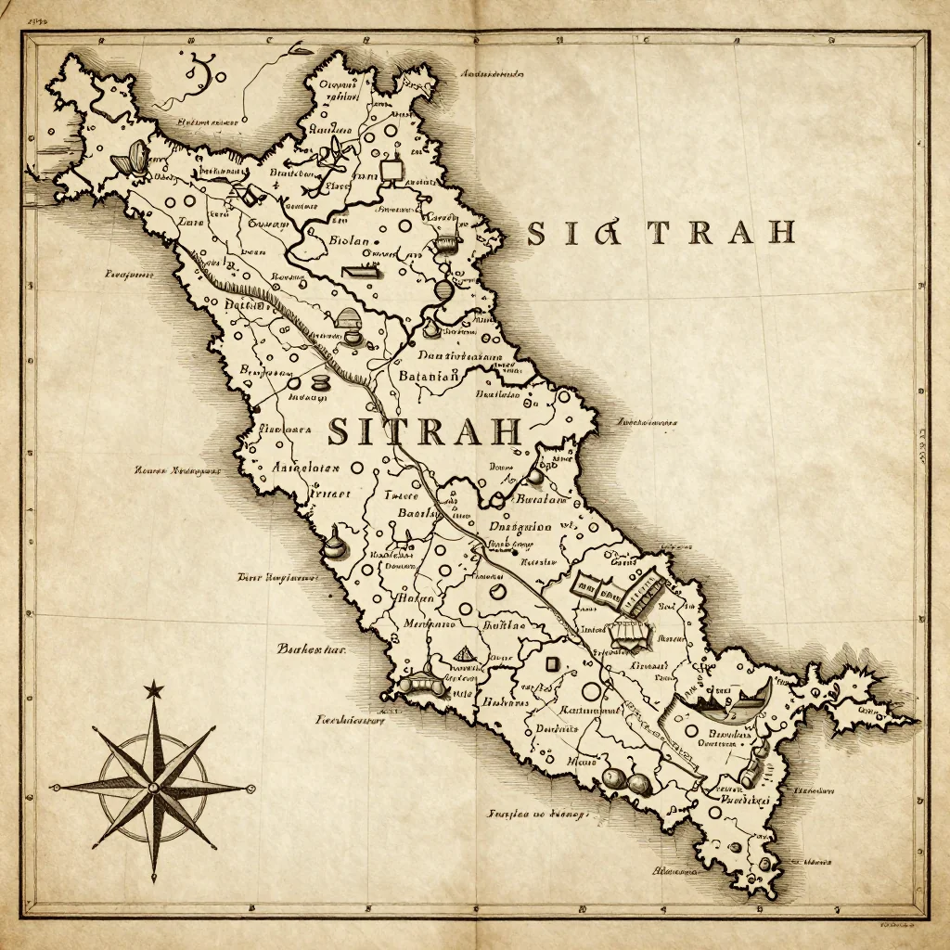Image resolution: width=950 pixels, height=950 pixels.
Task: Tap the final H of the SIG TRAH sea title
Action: (778, 233)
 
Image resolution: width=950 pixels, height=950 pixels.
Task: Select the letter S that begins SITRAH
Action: (340, 431)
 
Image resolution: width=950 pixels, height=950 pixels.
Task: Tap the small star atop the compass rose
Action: (153, 689)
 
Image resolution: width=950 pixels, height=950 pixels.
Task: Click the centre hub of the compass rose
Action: (153, 786)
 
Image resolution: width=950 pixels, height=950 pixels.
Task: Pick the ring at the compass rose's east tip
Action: (249, 789)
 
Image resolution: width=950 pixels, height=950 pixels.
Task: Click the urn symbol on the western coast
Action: (335, 542)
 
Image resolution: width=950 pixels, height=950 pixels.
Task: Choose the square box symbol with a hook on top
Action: (392, 167)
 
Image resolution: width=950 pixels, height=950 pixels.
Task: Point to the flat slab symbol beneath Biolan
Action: (362, 272)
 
